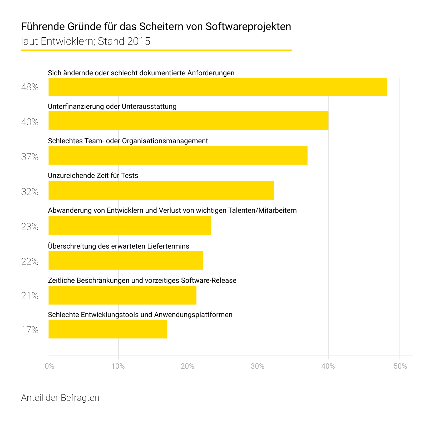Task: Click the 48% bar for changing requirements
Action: pyautogui.click(x=218, y=87)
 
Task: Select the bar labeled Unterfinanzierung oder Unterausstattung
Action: pyautogui.click(x=188, y=121)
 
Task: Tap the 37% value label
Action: pyautogui.click(x=30, y=157)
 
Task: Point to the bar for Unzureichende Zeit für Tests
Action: pyautogui.click(x=161, y=190)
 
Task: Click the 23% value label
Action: pyautogui.click(x=30, y=227)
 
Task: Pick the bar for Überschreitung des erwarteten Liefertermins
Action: pyautogui.click(x=126, y=260)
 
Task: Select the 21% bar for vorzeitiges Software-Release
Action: pyautogui.click(x=122, y=295)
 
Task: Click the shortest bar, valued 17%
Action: pyautogui.click(x=108, y=329)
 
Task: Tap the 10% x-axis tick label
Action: pyautogui.click(x=118, y=366)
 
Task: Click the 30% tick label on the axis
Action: pyautogui.click(x=258, y=366)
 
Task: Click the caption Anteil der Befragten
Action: pyautogui.click(x=60, y=398)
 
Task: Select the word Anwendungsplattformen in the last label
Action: pyautogui.click(x=193, y=315)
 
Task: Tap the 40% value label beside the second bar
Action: pyautogui.click(x=30, y=122)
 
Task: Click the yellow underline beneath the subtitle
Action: pyautogui.click(x=156, y=50)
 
